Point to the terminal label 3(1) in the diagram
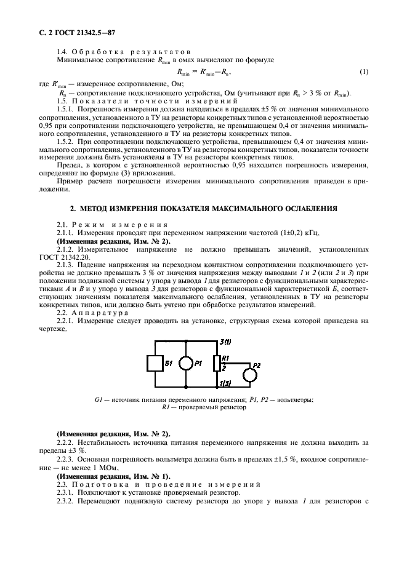tap(226, 341)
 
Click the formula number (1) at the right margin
tap(364, 72)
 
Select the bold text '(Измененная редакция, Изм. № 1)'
tap(113, 477)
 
